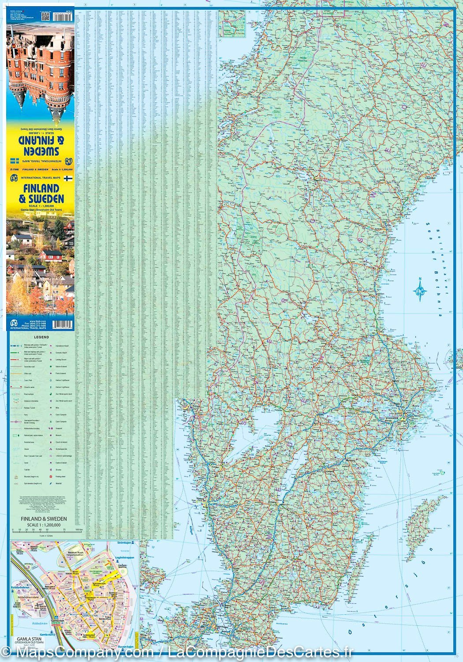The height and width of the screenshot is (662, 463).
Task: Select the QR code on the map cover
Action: coord(45,16)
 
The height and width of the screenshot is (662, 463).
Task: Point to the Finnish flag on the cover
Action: coord(67,178)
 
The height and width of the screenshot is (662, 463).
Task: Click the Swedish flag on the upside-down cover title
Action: coord(14,159)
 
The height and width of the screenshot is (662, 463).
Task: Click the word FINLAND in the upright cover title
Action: coord(39,189)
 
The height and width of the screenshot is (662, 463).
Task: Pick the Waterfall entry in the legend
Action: coord(60,484)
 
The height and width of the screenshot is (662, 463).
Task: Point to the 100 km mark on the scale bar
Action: coord(78,530)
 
